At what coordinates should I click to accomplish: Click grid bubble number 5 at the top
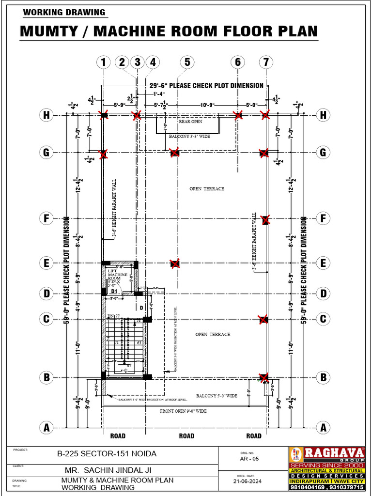186,62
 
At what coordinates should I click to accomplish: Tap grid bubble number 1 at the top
103,62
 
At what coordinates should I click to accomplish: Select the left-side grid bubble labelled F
46,218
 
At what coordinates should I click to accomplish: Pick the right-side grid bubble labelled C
323,319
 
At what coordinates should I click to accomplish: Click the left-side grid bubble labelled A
46,428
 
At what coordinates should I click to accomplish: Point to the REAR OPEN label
190,122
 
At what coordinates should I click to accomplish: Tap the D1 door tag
114,291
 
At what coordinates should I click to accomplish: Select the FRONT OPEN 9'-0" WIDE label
184,411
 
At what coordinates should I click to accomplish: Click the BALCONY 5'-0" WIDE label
217,396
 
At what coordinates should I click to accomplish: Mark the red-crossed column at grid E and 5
175,263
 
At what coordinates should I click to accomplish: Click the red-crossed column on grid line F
265,220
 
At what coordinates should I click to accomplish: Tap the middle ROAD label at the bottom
186,436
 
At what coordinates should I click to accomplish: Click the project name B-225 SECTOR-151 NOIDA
107,454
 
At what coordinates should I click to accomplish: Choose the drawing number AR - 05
250,458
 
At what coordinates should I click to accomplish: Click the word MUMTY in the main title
51,31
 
